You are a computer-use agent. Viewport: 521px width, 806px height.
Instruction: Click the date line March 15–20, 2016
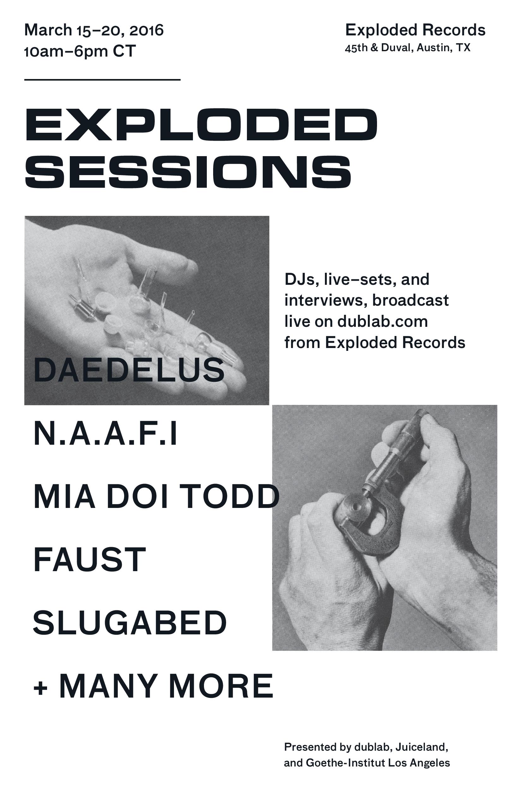(x=94, y=30)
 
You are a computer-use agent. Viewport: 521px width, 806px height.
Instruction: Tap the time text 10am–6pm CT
(x=80, y=52)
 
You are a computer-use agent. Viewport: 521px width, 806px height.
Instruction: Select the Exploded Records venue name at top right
(x=415, y=30)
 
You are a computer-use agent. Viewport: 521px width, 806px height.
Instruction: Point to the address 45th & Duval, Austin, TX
(x=408, y=48)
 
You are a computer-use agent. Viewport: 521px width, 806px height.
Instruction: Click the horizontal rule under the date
(x=102, y=80)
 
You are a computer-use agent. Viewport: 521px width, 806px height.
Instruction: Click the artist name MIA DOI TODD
(x=156, y=497)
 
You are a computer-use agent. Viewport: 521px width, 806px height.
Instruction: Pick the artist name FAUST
(x=90, y=560)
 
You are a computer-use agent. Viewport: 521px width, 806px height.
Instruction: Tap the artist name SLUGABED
(x=129, y=622)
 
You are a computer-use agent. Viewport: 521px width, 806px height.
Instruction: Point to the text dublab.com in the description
(x=382, y=321)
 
